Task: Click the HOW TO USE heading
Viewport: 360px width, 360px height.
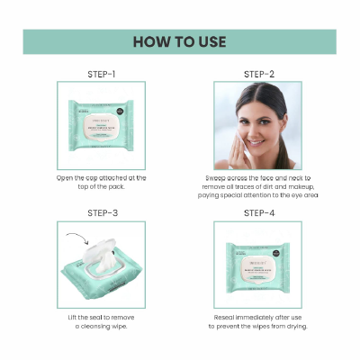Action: click(x=180, y=41)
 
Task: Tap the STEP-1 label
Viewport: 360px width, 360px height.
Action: click(x=100, y=73)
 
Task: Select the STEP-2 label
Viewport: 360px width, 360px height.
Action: click(x=258, y=73)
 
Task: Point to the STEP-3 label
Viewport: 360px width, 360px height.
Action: click(x=100, y=212)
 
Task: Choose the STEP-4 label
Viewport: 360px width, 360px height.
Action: click(x=258, y=212)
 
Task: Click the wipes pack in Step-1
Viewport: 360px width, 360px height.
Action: click(x=101, y=127)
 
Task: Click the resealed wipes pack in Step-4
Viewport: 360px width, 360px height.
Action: click(x=258, y=266)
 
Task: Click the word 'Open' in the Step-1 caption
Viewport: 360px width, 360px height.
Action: click(x=66, y=178)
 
